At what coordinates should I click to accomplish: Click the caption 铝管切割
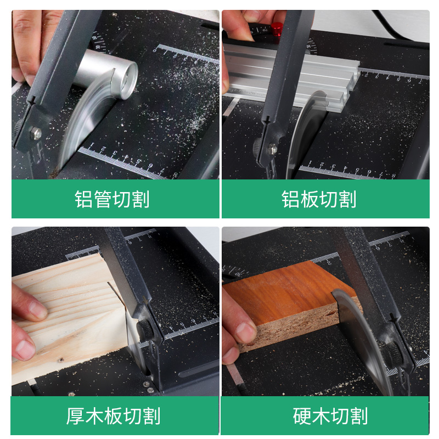112,199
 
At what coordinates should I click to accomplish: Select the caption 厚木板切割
113,415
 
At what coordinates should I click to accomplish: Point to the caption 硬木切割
330,415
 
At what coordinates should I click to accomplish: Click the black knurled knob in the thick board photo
146,328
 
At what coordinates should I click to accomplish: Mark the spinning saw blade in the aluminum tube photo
82,126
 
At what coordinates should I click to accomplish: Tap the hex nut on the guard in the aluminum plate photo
273,147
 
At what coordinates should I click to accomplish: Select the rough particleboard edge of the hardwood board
296,327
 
